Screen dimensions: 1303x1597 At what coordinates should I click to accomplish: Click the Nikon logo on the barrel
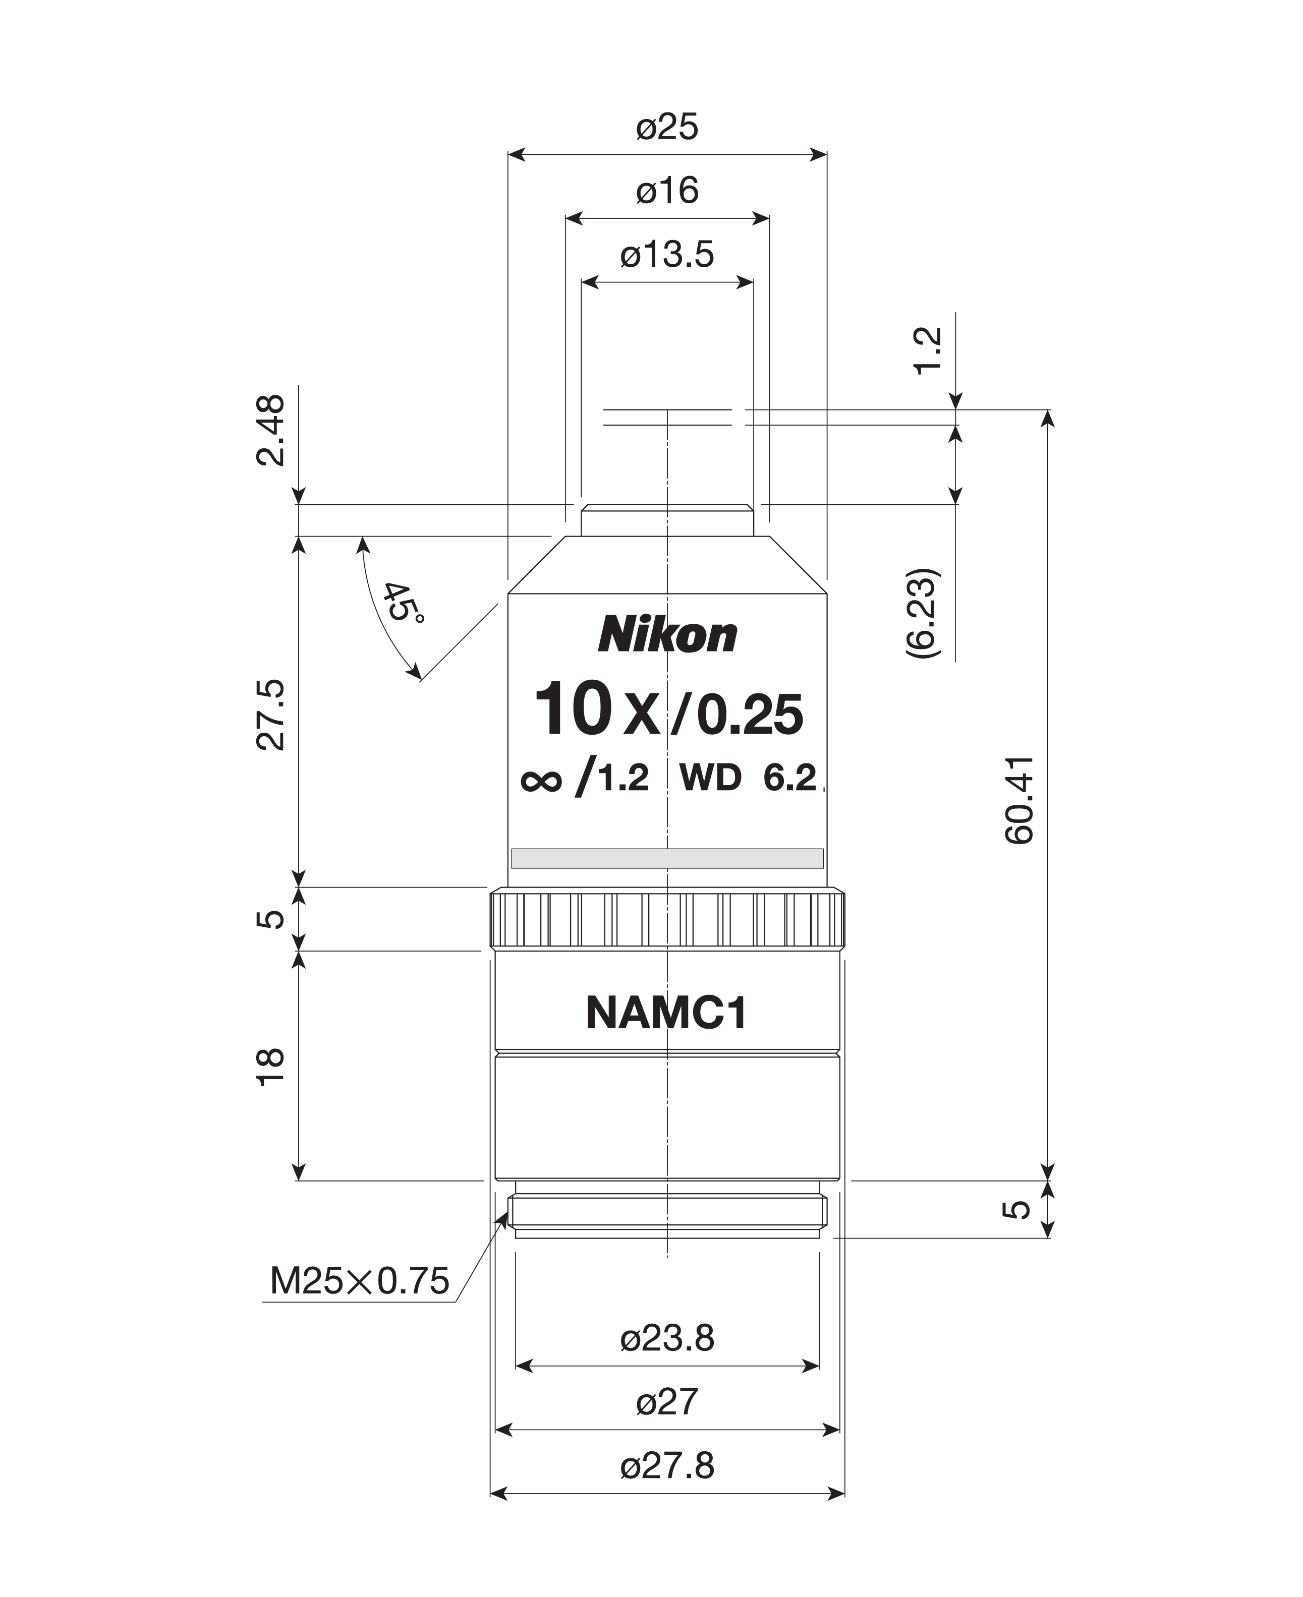point(667,634)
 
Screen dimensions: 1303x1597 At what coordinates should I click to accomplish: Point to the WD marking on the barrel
point(710,778)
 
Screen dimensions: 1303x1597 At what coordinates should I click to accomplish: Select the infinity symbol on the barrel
point(540,781)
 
